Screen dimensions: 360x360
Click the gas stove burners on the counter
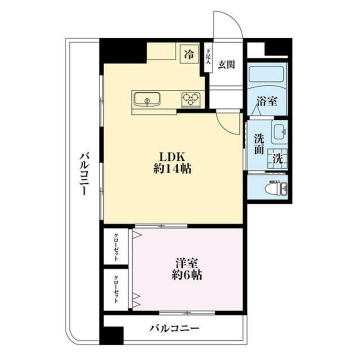(x=190, y=98)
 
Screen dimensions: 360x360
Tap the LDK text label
(x=173, y=155)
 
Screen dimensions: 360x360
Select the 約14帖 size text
(x=173, y=168)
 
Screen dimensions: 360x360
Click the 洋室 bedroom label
(x=188, y=262)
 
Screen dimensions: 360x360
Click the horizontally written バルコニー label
(x=174, y=328)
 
